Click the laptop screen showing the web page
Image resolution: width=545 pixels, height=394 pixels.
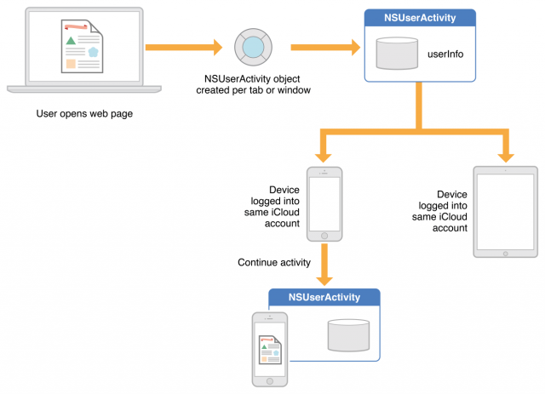click(x=73, y=48)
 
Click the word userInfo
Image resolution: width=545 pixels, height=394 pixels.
click(x=445, y=54)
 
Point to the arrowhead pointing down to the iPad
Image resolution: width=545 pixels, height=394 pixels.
click(x=506, y=155)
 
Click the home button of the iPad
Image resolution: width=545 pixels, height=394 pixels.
click(x=505, y=251)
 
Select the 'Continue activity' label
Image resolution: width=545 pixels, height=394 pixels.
click(x=274, y=262)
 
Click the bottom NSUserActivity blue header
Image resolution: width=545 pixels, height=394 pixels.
click(x=324, y=297)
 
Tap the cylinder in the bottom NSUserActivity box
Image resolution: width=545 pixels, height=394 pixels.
click(x=348, y=334)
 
